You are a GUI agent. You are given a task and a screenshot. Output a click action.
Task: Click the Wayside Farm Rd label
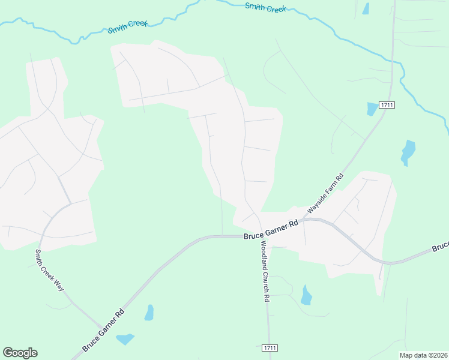pos(325,193)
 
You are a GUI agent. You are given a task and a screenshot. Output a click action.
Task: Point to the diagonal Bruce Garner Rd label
pos(103,330)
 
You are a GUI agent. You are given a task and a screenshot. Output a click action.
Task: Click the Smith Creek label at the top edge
pos(266,7)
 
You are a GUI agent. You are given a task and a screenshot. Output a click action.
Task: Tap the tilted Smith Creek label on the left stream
pos(127,27)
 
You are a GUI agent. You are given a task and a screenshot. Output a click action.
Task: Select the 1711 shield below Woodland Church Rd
pos(270,348)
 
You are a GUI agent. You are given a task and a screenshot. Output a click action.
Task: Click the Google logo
pos(20,353)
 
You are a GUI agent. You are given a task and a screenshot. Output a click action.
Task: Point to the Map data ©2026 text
pos(423,355)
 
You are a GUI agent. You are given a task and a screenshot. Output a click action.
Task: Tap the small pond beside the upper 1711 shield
pos(372,109)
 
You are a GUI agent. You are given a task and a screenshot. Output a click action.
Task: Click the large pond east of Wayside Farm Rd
pos(408,152)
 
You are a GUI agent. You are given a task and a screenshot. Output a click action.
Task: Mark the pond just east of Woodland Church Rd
pos(306,295)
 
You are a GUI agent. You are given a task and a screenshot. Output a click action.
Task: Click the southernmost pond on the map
pos(125,339)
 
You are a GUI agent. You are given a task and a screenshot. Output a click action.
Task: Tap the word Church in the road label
pos(265,277)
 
